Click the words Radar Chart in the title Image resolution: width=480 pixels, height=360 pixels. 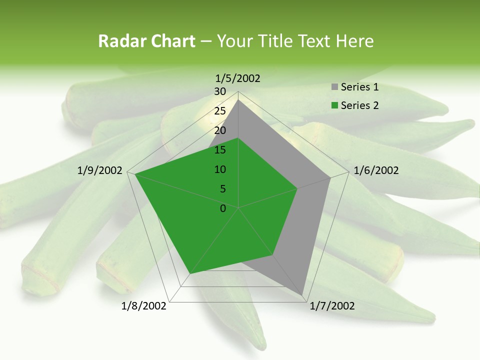pos(146,41)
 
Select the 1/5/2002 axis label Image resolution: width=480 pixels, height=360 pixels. pos(238,78)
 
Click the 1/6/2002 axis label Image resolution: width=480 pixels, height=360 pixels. pos(376,170)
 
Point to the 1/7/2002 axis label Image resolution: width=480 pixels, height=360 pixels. pos(332,306)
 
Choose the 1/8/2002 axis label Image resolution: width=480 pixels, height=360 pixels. pos(144,306)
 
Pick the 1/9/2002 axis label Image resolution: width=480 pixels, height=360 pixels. pos(100,170)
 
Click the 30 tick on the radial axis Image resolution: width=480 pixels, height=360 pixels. pos(220,91)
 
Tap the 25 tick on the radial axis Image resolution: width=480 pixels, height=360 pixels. pos(220,111)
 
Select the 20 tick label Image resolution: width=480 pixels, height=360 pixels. pos(220,130)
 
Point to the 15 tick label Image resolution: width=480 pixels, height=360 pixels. pos(220,150)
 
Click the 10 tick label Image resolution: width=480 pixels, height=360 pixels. pos(220,169)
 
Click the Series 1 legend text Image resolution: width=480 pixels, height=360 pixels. pos(359,87)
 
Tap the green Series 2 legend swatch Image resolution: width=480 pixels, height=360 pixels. pos(334,105)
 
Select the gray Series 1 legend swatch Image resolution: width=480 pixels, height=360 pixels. pos(334,87)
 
